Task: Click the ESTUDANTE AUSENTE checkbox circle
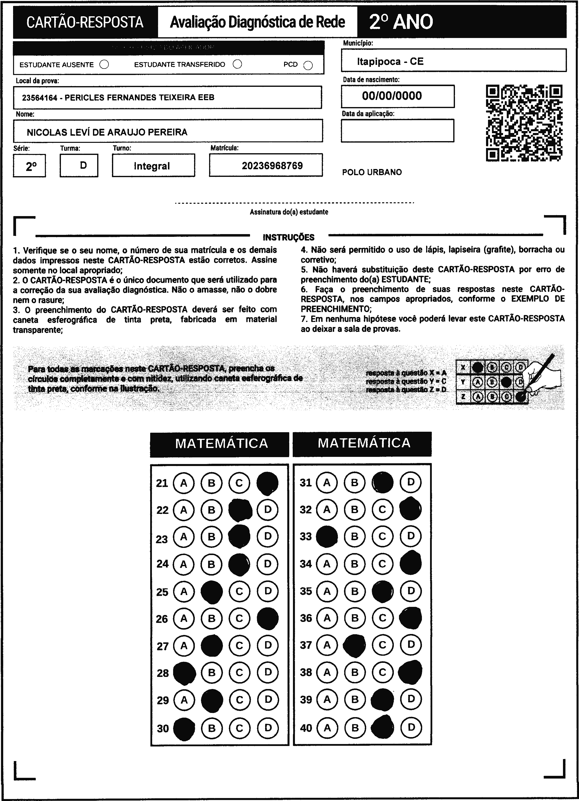104,65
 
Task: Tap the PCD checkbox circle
308,66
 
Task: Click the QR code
524,123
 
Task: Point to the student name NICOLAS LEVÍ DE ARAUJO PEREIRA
107,132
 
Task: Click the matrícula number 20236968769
272,166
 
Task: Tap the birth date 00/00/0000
392,96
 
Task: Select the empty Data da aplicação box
398,130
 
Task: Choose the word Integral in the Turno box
152,166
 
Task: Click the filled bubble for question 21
268,483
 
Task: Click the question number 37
306,645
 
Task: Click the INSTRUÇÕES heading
289,237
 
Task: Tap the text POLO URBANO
372,172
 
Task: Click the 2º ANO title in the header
401,22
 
